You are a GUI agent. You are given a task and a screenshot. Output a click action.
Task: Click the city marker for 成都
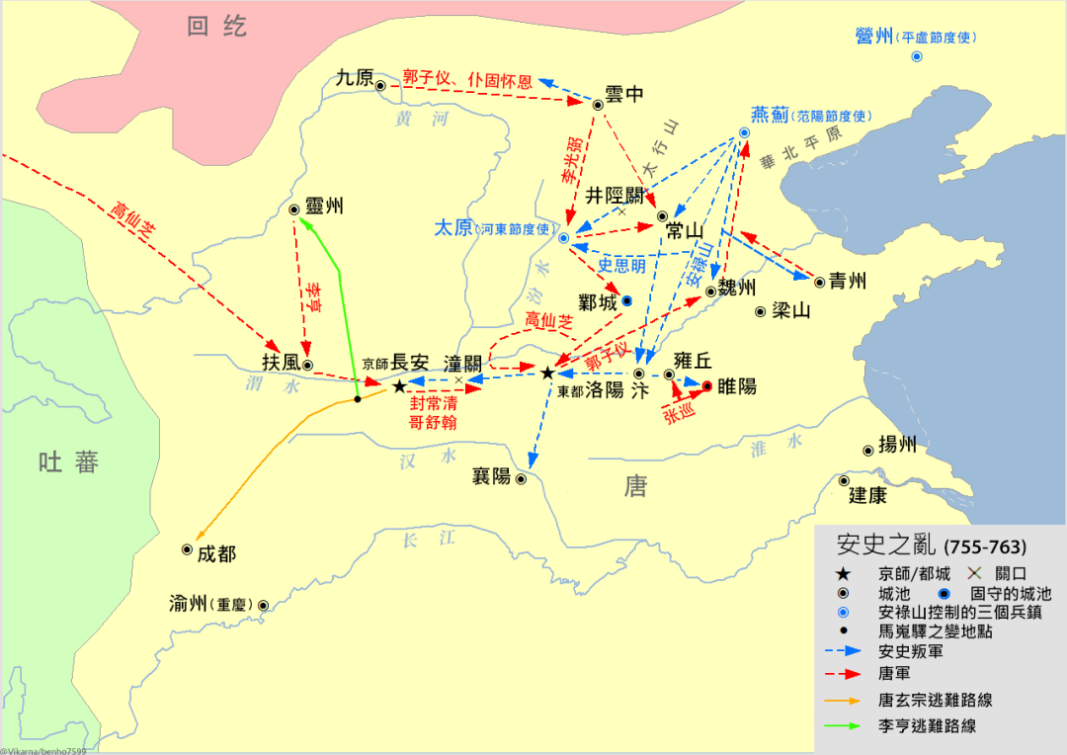coord(187,549)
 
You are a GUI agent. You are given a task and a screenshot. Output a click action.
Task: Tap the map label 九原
coord(355,78)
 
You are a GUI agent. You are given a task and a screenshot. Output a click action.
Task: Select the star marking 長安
coord(399,386)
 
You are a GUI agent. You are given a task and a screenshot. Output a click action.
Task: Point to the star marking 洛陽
coord(547,373)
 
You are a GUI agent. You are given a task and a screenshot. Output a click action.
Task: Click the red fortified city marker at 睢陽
coord(707,385)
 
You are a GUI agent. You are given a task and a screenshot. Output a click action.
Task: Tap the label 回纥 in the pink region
coord(216,27)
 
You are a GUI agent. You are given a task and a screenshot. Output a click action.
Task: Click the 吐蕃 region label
coord(68,461)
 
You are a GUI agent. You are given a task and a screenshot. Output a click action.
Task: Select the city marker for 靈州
coord(293,210)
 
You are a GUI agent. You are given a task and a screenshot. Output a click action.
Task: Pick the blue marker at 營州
coord(916,57)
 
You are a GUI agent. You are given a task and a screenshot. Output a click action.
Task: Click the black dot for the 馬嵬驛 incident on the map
coord(358,399)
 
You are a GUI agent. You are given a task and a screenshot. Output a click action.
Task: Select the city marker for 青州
coord(819,282)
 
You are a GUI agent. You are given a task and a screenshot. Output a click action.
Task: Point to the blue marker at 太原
coord(563,238)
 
